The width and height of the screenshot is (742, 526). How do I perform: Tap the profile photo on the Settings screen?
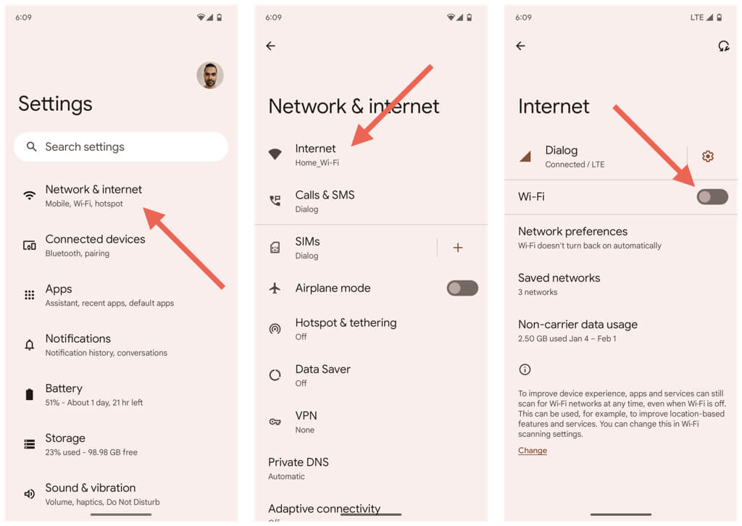pos(210,75)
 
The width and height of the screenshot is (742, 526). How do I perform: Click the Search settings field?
pos(121,146)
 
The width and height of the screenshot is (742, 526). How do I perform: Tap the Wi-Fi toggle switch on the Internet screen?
pos(712,197)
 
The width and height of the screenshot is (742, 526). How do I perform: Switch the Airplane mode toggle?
pos(462,288)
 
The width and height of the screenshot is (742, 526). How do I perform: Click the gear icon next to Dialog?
pos(708,156)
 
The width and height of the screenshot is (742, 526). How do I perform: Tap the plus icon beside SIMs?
pos(458,247)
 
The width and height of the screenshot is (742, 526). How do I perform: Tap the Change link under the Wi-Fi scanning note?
pos(533,451)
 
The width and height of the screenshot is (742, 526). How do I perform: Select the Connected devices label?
pos(95,239)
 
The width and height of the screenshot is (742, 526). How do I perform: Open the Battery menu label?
pos(64,388)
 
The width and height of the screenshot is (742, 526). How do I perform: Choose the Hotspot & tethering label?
pos(346,322)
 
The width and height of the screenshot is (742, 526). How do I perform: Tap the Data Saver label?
pos(322,369)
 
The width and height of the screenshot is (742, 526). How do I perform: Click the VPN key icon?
pos(275,422)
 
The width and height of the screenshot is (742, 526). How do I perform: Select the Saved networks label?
pos(559,277)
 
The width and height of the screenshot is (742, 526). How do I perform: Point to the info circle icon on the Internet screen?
pos(525,370)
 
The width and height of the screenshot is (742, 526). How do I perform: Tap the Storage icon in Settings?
pos(29,444)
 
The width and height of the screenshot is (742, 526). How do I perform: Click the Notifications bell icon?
pos(29,345)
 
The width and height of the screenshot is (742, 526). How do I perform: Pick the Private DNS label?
pos(298,462)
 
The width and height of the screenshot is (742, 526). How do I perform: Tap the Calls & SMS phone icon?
pos(275,201)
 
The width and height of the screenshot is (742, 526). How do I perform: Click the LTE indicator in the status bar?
pos(696,17)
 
